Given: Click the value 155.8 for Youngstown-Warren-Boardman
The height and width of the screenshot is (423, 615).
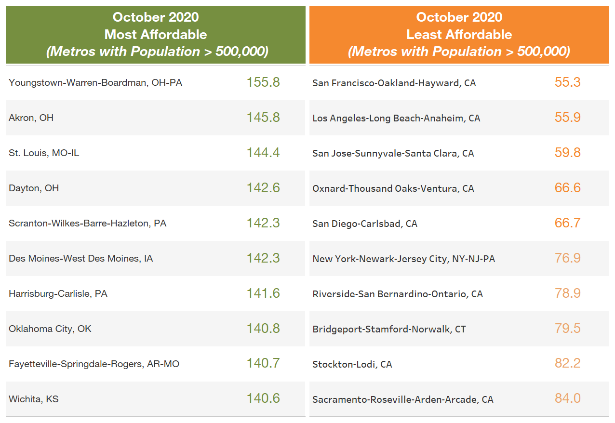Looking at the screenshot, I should coord(263,82).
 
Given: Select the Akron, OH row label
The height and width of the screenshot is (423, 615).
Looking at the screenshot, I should coord(31,118).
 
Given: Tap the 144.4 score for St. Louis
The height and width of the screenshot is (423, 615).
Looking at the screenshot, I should coord(263,153).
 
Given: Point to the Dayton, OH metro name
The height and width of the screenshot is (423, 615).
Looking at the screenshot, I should coord(34,188).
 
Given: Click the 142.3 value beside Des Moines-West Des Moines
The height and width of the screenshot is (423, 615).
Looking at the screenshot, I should coord(263,258).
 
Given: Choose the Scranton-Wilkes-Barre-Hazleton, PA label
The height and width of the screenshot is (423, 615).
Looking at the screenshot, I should coord(87,223).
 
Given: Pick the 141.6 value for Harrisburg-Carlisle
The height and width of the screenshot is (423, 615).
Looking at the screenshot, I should coord(263,293).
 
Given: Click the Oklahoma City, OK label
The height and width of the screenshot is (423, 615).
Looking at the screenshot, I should coord(50,329).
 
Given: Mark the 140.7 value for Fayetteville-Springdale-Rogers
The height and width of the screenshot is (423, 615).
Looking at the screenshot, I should coord(263,364).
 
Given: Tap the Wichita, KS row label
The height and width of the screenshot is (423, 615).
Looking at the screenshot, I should coord(34,399).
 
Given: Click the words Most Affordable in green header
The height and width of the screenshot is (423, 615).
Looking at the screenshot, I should coord(156,35).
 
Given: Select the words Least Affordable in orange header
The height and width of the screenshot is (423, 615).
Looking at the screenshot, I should coord(459,35).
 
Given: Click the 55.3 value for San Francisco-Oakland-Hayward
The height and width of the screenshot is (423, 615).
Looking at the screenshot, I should coord(567,82).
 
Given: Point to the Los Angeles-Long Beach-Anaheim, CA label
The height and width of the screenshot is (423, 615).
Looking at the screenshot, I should coord(396,118).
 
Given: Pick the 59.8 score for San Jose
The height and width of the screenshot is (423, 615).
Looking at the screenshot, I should coord(567,153).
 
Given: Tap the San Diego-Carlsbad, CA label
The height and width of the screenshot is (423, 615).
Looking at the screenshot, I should coord(365,224).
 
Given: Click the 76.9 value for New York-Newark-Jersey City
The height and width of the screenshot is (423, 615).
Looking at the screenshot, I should coord(567,258).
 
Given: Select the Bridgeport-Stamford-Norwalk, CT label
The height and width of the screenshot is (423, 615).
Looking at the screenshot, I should coord(389,329).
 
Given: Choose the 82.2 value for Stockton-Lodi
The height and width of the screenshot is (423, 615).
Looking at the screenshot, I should coord(567,364).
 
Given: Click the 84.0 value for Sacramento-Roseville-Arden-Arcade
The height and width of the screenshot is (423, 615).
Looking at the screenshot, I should coord(567,399).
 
